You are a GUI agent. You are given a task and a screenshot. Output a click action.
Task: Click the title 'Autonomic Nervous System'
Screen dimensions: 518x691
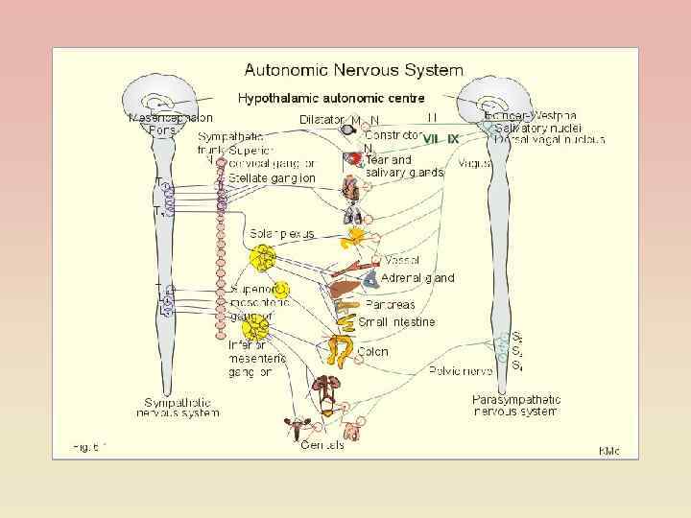pyautogui.click(x=353, y=70)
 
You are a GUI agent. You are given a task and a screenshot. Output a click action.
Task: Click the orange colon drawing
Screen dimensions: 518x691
pyautogui.click(x=341, y=351)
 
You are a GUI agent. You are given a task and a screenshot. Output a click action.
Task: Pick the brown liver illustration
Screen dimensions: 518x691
pyautogui.click(x=344, y=287)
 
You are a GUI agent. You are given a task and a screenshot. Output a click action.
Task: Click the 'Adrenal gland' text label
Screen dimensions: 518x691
pyautogui.click(x=417, y=278)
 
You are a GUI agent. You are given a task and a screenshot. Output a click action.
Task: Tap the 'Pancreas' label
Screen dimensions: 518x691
pyautogui.click(x=390, y=304)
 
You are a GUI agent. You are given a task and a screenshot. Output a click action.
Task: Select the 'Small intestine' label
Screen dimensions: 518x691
pyautogui.click(x=396, y=321)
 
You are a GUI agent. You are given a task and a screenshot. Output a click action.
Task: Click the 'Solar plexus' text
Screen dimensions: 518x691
pyautogui.click(x=282, y=233)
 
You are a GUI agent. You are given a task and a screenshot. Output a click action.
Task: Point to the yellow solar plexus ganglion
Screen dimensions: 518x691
pyautogui.click(x=262, y=258)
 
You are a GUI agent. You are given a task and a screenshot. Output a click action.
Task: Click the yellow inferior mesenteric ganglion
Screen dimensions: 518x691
pyautogui.click(x=256, y=329)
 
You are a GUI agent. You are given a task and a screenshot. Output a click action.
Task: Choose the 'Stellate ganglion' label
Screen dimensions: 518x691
pyautogui.click(x=272, y=178)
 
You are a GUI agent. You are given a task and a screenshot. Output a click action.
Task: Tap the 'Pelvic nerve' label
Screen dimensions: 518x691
pyautogui.click(x=460, y=369)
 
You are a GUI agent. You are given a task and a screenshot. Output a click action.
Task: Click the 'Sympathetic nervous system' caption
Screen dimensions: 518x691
pyautogui.click(x=181, y=407)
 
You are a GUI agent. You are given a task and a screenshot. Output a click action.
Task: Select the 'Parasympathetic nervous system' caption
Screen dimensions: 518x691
pyautogui.click(x=514, y=405)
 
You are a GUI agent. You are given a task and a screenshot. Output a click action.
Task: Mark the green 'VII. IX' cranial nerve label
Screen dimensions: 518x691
pyautogui.click(x=441, y=138)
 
